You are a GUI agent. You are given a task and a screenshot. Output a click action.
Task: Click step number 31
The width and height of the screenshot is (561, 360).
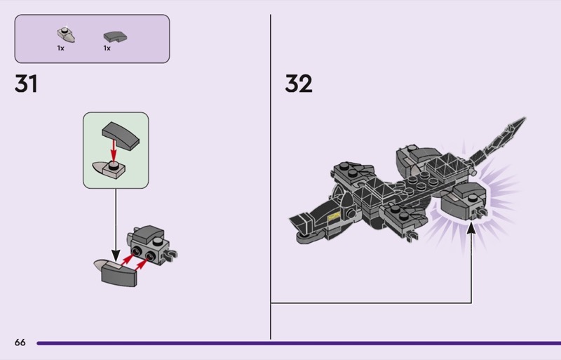point(26,84)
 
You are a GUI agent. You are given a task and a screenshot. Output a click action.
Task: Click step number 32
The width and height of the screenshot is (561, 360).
point(299,84)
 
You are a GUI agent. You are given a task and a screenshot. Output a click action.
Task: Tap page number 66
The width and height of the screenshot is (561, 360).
point(20,342)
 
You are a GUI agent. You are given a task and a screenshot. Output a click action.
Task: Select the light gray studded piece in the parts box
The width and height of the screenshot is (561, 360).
point(66,35)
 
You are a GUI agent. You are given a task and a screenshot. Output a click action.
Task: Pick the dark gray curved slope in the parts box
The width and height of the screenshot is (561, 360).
point(115,36)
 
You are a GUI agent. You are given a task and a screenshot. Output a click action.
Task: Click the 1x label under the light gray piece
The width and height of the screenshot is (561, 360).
point(60,48)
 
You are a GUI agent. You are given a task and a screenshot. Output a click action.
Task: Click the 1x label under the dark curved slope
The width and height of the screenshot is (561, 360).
point(107,48)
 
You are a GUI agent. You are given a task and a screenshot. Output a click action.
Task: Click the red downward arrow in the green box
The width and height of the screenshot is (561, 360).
point(114,150)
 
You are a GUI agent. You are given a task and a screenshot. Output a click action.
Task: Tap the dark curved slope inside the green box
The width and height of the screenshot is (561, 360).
point(121,135)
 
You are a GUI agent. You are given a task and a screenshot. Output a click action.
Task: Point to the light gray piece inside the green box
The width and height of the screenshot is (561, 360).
point(109,169)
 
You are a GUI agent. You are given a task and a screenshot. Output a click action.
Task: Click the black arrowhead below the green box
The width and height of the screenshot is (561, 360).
point(116,255)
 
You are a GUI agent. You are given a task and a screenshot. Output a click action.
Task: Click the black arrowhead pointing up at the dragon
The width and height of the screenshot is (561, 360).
point(471,228)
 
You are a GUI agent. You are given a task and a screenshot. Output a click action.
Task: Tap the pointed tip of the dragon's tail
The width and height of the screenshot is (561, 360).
point(525,118)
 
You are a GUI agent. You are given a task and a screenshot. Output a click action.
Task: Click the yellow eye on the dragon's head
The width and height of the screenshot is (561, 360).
point(334,216)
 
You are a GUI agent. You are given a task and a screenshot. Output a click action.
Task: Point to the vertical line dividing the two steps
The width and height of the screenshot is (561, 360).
point(271,177)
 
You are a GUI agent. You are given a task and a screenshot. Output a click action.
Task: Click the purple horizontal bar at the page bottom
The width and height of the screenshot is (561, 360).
point(299,343)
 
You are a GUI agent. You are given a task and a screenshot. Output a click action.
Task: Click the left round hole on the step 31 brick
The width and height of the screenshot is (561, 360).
point(136,253)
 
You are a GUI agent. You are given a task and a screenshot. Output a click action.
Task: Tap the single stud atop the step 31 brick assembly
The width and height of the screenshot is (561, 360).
point(157,242)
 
